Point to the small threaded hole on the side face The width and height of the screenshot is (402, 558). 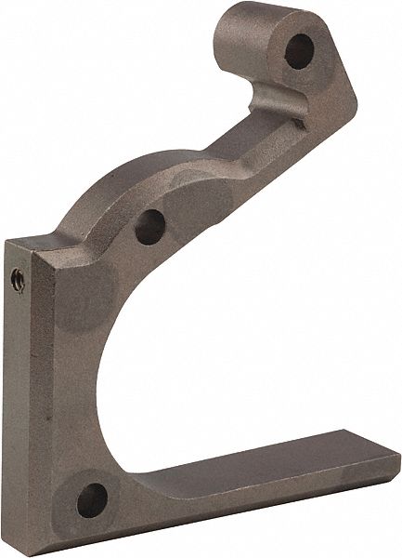pos(17,276)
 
